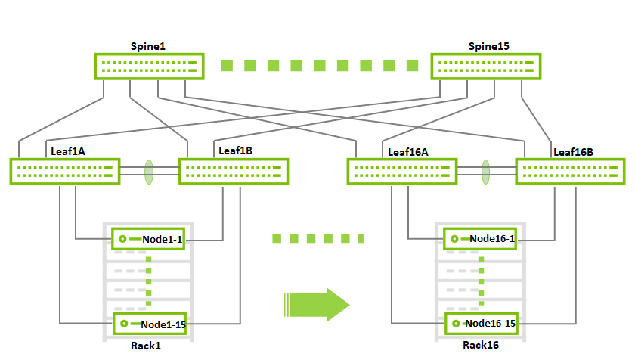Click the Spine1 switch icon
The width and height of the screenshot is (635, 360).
tap(149, 66)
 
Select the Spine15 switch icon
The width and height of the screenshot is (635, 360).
tap(486, 66)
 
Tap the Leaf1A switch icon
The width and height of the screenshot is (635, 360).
tap(65, 171)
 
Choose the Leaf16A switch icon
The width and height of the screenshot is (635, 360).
tap(402, 172)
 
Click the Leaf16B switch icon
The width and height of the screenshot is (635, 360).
tap(571, 172)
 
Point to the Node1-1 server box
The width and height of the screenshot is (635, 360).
tap(149, 239)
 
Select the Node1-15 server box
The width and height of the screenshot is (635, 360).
tap(149, 324)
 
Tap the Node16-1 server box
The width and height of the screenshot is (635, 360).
tap(482, 239)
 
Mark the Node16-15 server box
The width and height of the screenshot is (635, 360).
tap(482, 324)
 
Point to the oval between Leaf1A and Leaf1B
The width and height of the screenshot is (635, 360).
tap(150, 172)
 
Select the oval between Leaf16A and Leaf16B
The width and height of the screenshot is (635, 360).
tap(486, 172)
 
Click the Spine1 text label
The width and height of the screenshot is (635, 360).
tap(148, 46)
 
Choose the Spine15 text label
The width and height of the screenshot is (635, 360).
tap(488, 46)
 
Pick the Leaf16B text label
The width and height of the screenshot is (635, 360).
tap(574, 152)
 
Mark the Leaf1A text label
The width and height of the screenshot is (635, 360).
tap(68, 151)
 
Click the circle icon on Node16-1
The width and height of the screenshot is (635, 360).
tap(454, 239)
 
